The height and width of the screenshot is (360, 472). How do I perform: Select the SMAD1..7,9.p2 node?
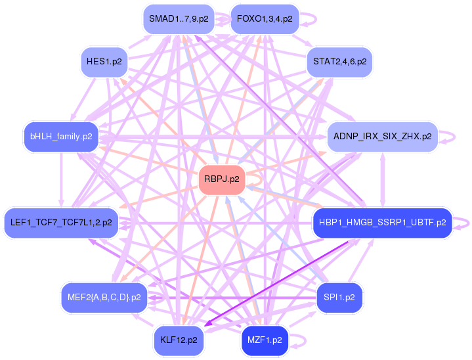pos(179,19)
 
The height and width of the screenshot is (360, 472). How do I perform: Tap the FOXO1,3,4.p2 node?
pos(265,19)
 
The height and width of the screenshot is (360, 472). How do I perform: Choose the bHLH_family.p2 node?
pos(60,137)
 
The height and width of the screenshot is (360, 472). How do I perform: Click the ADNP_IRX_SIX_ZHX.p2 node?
pos(382,137)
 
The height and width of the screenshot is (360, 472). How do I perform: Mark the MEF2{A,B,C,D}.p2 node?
pos(104,298)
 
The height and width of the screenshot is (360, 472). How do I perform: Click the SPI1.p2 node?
pos(339,298)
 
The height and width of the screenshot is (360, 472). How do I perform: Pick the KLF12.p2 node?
pos(179,340)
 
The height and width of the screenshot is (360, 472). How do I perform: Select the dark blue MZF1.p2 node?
pos(265,340)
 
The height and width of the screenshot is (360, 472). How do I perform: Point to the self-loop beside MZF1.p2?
pos(299,340)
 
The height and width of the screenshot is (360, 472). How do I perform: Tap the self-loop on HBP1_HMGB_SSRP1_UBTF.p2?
pos(463,223)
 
